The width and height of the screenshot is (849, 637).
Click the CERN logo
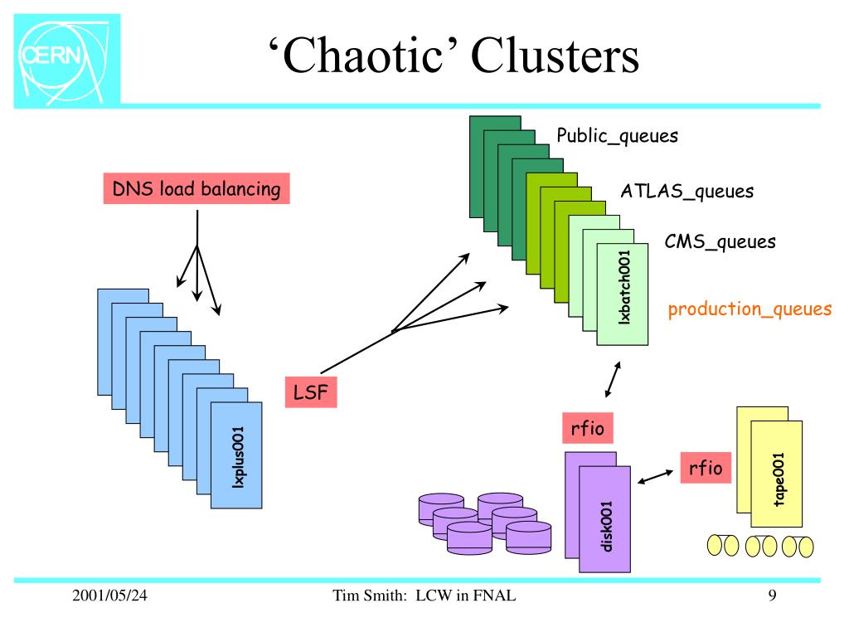coord(66,60)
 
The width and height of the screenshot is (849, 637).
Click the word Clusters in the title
coord(555,56)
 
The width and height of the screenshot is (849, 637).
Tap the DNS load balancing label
coord(196,188)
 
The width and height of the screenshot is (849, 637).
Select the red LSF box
coord(311,392)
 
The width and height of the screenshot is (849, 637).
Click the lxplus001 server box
coord(236,455)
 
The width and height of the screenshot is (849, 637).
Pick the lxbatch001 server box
coord(623,294)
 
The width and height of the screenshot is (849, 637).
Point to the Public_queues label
coord(617,136)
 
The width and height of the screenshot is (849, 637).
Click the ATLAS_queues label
coord(687,192)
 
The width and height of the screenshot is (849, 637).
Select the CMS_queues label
coord(720,241)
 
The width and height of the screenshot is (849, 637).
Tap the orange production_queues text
coord(750,309)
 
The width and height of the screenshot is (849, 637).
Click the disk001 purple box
coord(604,519)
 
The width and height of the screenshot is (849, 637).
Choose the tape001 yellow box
coord(776,474)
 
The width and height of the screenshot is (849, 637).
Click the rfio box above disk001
coord(588,429)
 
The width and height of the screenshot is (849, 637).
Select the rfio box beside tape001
coord(706,468)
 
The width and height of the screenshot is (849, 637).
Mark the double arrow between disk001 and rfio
coord(655,477)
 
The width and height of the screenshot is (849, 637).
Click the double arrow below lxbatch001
coord(613,380)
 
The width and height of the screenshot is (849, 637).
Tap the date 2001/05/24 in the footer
coord(109,596)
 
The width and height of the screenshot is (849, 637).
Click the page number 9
coord(772,596)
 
